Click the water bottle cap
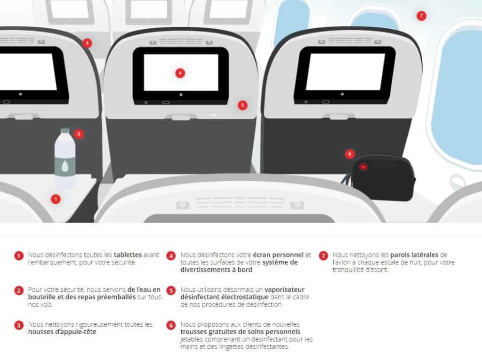coord(65,130)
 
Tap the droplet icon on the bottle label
coord(64,165)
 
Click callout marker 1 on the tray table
coord(56,199)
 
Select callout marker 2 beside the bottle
coord(79,134)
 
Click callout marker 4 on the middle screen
coord(179,73)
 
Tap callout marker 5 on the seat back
coord(242,105)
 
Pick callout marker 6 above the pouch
coord(349,154)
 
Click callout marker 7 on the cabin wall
coord(421,16)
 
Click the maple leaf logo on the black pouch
coord(363,167)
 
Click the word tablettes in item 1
coord(128,255)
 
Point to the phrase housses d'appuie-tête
coord(63,332)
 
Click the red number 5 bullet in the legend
coord(171,291)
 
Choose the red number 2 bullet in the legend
coord(19,291)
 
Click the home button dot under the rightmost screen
coord(342,94)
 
